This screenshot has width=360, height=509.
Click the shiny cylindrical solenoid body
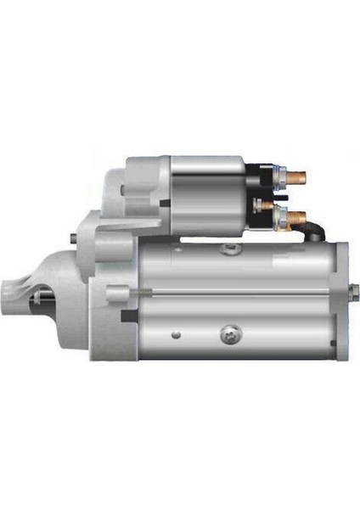pos(208,196)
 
